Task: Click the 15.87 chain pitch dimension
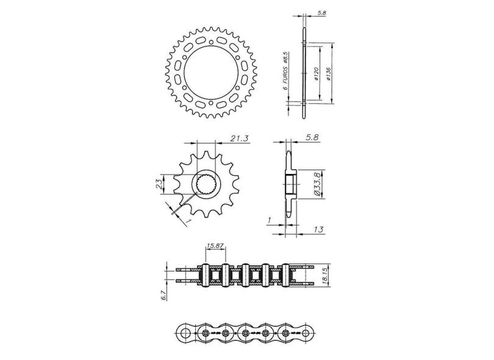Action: click(215, 246)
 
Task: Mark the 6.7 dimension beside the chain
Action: click(163, 296)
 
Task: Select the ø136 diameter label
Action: click(329, 73)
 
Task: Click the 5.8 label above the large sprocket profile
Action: click(321, 12)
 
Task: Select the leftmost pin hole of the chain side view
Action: click(184, 333)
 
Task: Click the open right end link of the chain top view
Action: click(298, 275)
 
